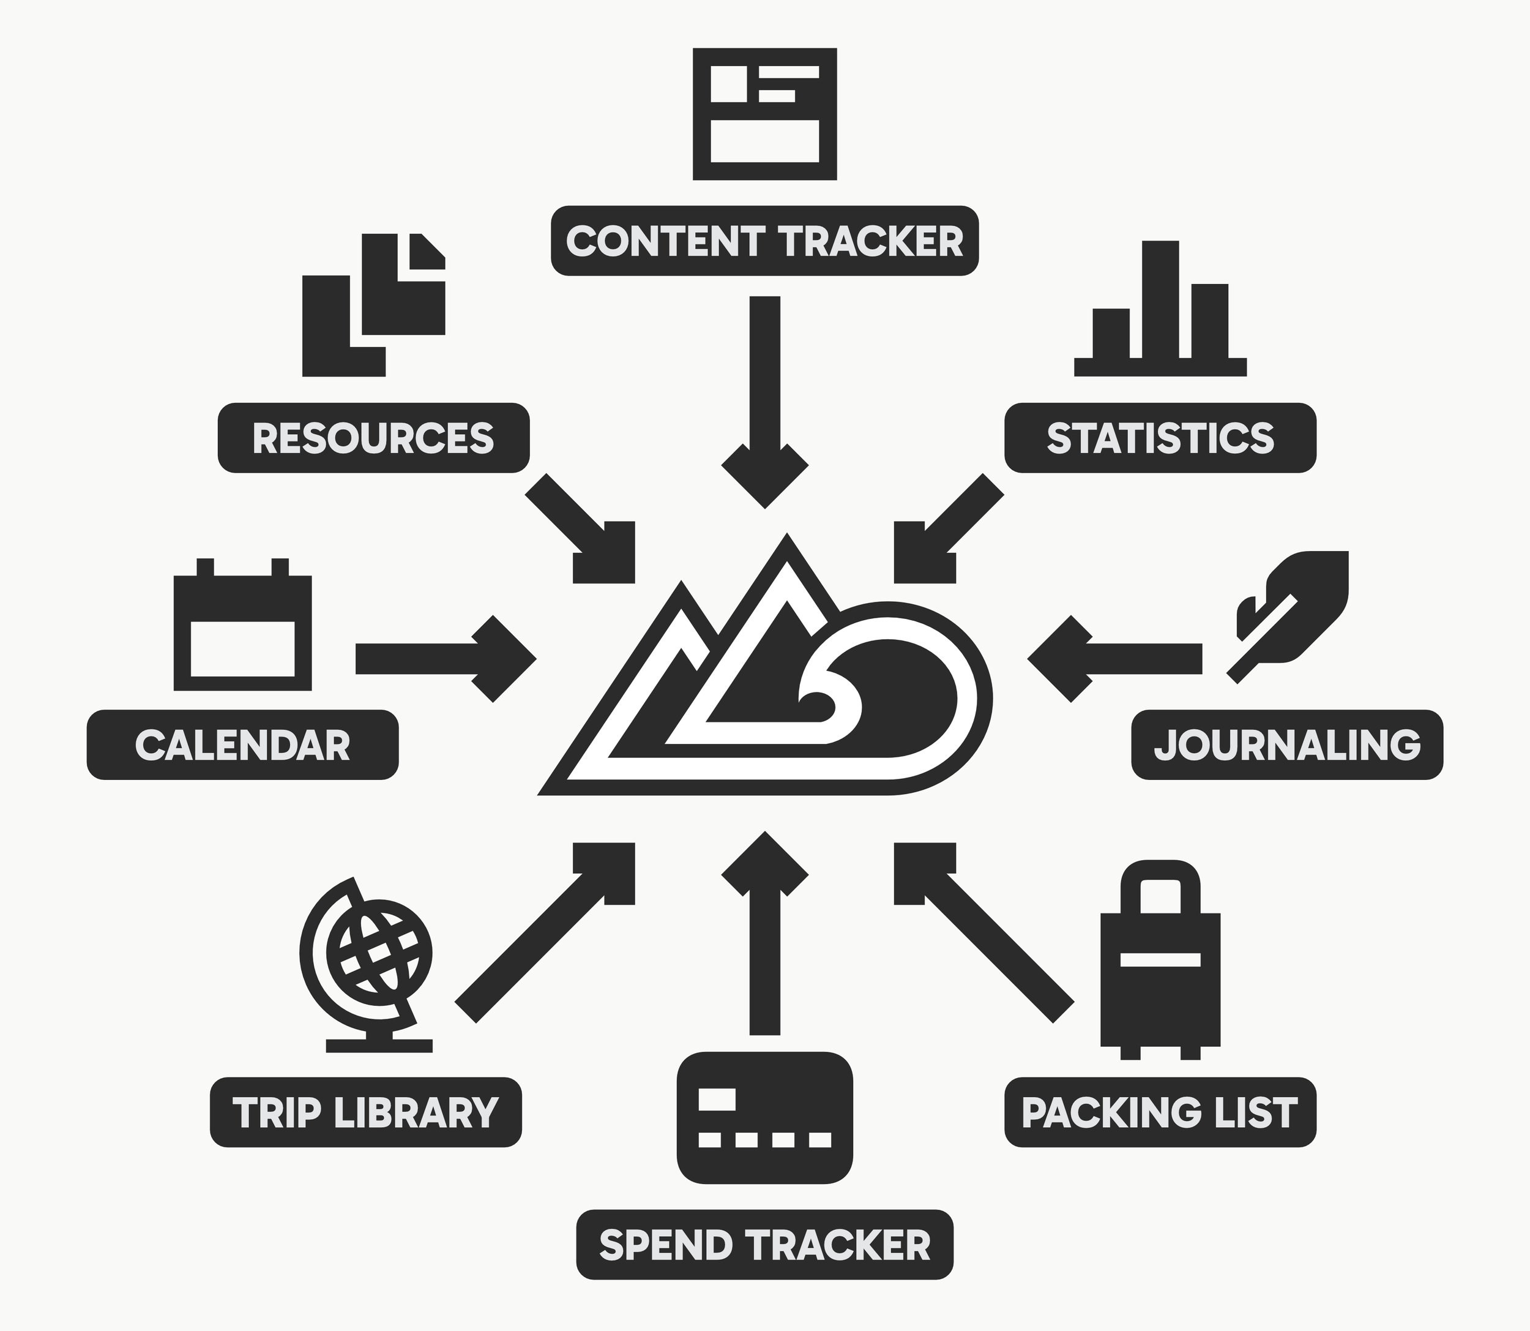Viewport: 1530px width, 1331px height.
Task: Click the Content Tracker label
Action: coord(764,241)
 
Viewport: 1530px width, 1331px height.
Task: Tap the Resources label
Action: coord(373,438)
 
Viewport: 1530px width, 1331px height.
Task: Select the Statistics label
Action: coord(1160,438)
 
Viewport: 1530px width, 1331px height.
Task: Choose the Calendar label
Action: coord(243,745)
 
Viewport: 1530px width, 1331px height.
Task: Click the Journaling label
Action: coord(1286,745)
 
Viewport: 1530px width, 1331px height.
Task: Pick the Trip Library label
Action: coord(366,1112)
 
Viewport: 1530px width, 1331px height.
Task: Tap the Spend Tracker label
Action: coord(764,1245)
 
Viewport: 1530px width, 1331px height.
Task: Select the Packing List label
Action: coord(1160,1112)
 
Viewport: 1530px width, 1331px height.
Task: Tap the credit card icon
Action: coord(764,1118)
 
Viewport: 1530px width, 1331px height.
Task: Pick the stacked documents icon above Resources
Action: coord(373,304)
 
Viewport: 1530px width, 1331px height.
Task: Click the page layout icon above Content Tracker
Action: coord(764,114)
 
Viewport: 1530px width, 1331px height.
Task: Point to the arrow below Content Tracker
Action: coord(764,401)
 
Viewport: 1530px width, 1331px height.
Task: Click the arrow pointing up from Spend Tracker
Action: coord(764,928)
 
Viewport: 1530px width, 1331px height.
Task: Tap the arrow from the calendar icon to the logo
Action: coord(446,658)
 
